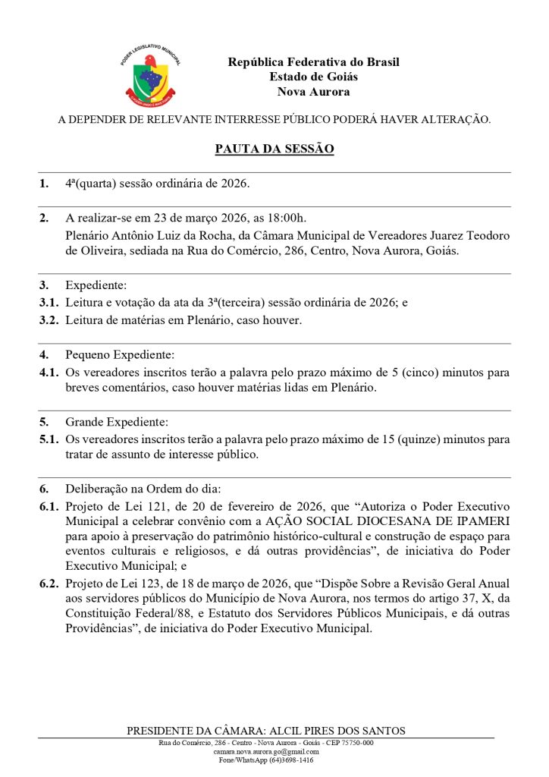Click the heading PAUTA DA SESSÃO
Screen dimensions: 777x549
pyautogui.click(x=274, y=149)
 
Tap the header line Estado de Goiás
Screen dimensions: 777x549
pyautogui.click(x=313, y=77)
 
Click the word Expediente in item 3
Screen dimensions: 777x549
pyautogui.click(x=96, y=285)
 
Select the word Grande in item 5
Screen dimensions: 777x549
pyautogui.click(x=83, y=422)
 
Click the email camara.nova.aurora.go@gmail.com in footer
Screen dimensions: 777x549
pyautogui.click(x=265, y=751)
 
